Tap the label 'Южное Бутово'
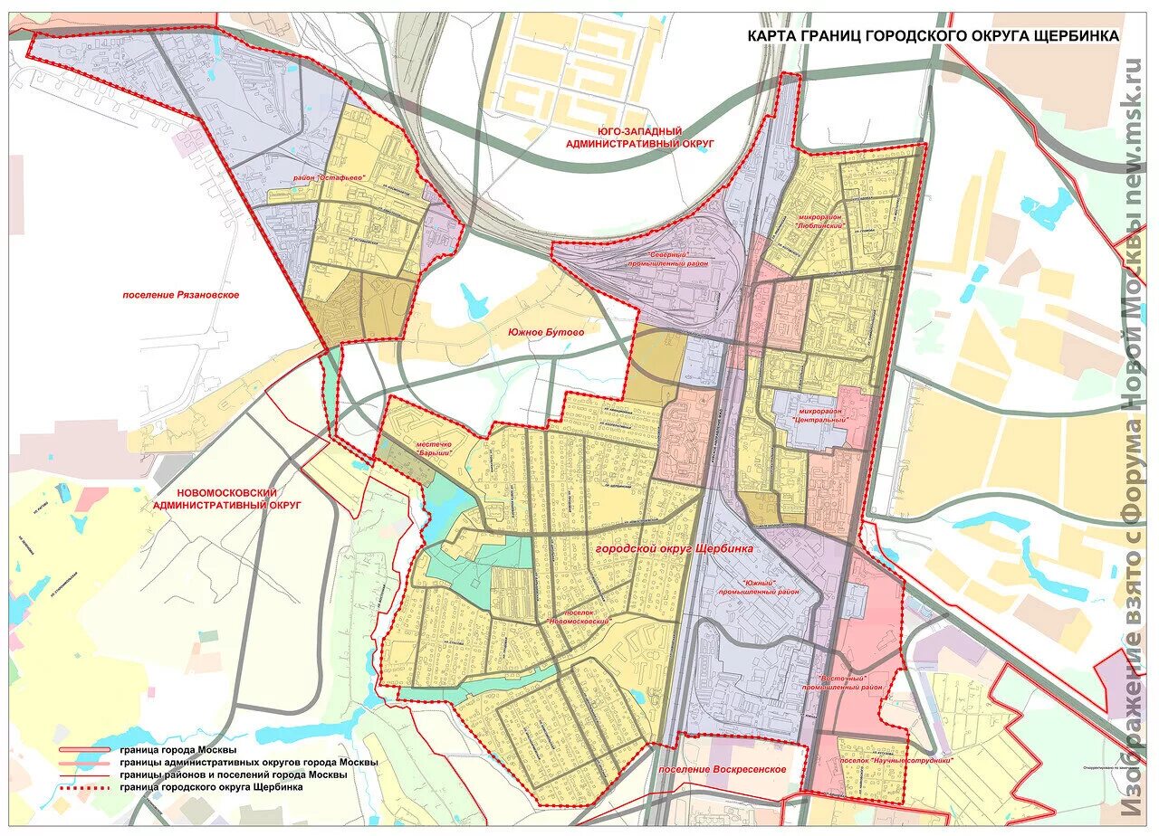tap(547, 332)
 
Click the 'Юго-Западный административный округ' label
tap(639, 138)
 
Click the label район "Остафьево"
tap(328, 178)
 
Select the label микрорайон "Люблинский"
tap(820, 222)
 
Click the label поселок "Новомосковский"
tap(579, 616)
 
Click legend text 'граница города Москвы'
tap(177, 751)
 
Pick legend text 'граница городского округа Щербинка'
tap(210, 787)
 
